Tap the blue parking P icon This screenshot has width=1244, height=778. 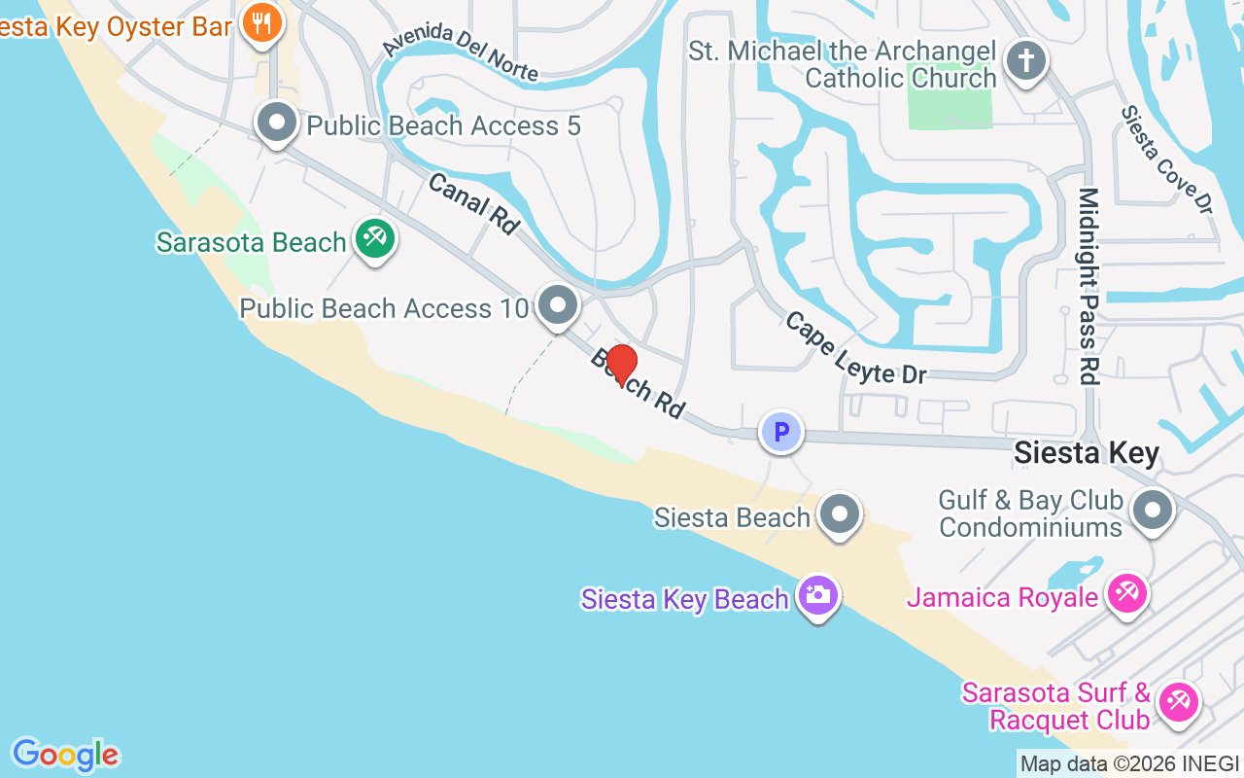(780, 431)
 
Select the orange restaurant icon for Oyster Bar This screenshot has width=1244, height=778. (260, 23)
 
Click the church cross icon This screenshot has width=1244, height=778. (1024, 61)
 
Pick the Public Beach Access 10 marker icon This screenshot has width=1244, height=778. (558, 305)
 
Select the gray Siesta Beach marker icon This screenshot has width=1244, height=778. (840, 514)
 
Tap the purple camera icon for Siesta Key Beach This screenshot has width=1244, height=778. (817, 595)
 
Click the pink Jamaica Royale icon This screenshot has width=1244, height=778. (1127, 593)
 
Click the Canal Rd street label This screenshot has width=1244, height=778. (473, 202)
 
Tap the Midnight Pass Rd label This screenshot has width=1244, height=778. (1088, 286)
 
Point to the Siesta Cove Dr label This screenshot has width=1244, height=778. (1166, 159)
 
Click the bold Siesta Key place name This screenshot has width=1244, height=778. (1087, 454)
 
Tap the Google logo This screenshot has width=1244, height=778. (65, 755)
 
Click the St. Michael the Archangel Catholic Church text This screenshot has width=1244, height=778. (843, 64)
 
